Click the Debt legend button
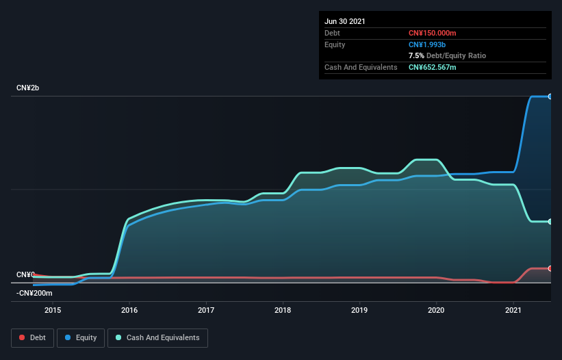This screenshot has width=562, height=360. click(31, 337)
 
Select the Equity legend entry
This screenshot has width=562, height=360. click(81, 337)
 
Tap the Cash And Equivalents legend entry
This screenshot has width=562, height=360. click(157, 337)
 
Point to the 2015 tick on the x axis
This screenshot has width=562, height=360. click(53, 310)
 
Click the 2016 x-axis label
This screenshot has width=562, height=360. click(129, 310)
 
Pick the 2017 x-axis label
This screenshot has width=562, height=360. click(206, 310)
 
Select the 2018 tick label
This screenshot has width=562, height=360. click(283, 310)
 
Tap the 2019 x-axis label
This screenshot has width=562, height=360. click(359, 310)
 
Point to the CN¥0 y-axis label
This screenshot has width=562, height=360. click(25, 274)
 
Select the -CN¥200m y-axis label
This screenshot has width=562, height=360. click(34, 293)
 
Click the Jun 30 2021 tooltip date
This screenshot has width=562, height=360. click(345, 21)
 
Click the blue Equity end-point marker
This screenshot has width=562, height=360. click(550, 97)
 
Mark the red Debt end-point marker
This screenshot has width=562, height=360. click(550, 268)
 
